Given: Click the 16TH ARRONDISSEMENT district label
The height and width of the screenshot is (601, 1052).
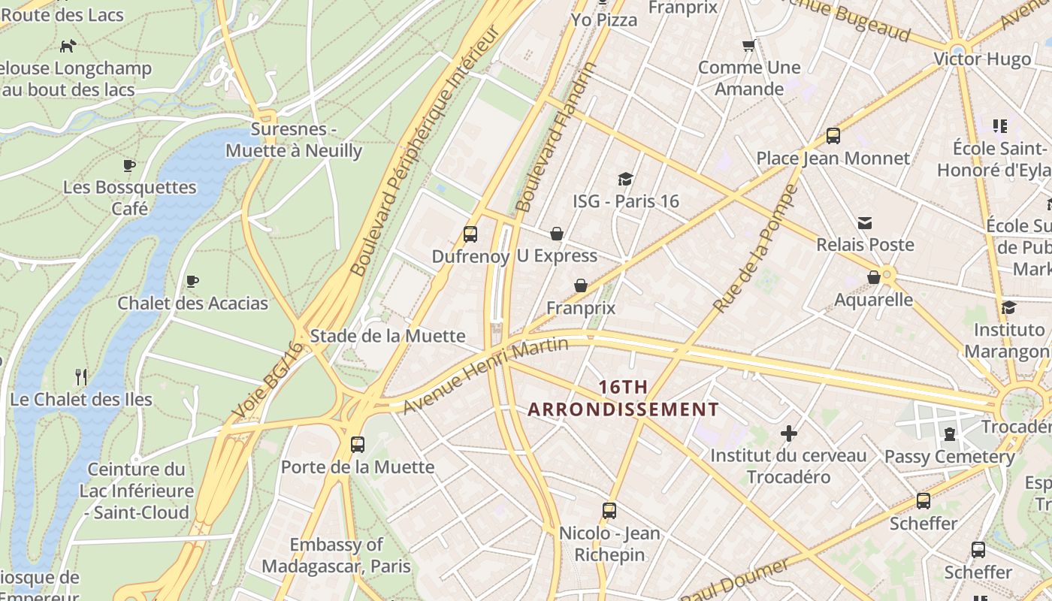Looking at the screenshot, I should [623, 398].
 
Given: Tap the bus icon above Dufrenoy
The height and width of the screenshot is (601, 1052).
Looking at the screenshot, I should [470, 234].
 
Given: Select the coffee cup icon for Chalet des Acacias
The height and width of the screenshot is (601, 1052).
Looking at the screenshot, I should [192, 282].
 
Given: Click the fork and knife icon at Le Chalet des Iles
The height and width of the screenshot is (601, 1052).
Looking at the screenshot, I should [81, 376].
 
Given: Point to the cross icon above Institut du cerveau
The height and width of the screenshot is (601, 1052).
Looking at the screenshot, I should [788, 433].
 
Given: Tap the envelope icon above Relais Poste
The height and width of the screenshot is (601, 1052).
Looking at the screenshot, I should [865, 222].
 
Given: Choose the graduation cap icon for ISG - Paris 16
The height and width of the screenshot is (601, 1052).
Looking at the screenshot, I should [625, 179].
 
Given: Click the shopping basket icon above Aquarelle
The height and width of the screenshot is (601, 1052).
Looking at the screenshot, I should [874, 277].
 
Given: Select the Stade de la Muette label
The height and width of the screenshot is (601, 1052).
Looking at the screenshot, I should [388, 336].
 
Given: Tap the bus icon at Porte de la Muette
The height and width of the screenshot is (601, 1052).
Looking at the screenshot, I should [358, 444].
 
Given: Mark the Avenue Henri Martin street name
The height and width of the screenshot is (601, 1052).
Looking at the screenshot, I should [485, 375].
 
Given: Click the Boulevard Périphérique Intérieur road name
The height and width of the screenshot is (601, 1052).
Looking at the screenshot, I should [425, 150].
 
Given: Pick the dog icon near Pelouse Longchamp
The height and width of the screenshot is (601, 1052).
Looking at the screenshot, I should [68, 46].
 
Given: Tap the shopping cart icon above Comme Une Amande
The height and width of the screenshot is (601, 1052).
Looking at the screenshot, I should [748, 46].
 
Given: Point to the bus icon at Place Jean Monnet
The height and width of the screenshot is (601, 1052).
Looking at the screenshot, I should [833, 136].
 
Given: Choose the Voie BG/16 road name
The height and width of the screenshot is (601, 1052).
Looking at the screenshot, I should [268, 381].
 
